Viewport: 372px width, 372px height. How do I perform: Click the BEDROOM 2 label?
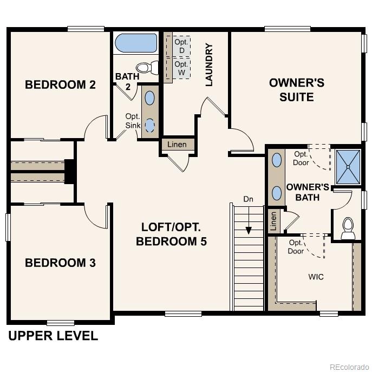pos(60,84)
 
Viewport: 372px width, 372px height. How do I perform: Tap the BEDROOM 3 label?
pos(60,263)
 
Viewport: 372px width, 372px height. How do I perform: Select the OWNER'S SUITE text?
pos(296,90)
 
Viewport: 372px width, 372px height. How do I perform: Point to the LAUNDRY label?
pos(209,65)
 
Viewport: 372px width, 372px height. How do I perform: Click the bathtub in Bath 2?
pos(136,43)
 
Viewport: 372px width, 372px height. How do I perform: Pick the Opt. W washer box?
pos(181,68)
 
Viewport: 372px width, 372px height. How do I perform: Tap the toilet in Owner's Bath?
pos(348,227)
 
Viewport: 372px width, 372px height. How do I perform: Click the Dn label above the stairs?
pos(248,199)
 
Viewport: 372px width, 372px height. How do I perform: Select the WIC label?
pos(316,277)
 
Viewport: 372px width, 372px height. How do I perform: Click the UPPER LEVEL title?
pos(53,336)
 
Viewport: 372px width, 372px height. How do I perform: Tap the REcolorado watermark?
pos(348,366)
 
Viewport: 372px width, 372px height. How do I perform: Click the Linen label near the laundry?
pos(177,145)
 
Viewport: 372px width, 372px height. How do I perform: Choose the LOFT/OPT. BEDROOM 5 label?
pos(171,234)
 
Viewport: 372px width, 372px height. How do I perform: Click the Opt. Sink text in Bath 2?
pos(133,121)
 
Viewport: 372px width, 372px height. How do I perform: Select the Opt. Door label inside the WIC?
pos(296,247)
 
